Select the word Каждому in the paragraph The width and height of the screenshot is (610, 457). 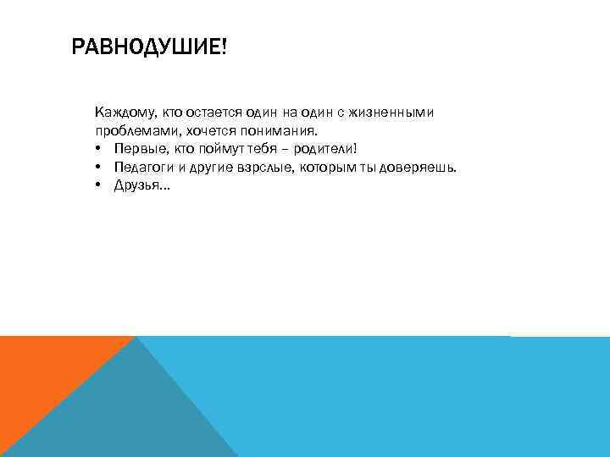click(122, 113)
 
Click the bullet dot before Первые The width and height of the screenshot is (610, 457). click(98, 150)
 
